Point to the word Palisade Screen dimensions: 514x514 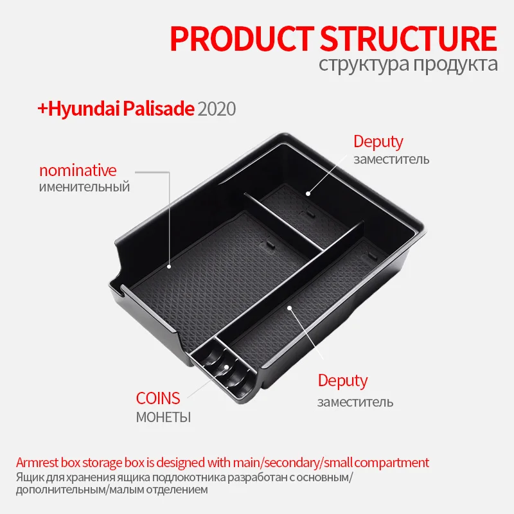pos(161,109)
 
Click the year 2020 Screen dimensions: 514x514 pos(217,109)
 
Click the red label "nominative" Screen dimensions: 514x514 pos(78,171)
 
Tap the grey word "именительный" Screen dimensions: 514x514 pos(84,188)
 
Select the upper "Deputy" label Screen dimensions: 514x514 pos(378,142)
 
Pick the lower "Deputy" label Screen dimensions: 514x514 pos(343,380)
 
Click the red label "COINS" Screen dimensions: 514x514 pos(158,398)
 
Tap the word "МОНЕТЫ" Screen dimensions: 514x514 pos(163,417)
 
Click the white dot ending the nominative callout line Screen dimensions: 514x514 pos(169,265)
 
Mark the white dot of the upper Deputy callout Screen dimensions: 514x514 pos(308,193)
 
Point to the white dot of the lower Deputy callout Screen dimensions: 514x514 pos(290,308)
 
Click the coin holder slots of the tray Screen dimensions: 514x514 pos(222,366)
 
